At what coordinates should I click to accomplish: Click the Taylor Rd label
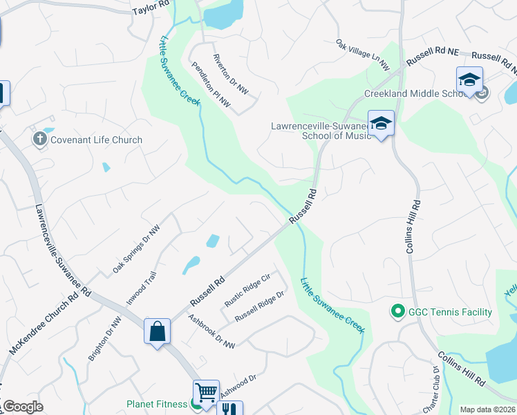click(151, 8)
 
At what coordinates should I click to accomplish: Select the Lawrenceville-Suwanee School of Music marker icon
click(380, 123)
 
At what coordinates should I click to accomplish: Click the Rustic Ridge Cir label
click(246, 291)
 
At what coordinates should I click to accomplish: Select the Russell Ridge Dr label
click(259, 306)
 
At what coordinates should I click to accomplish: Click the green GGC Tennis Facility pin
click(397, 312)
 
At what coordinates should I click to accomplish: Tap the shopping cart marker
click(206, 392)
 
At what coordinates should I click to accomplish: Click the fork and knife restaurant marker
click(229, 409)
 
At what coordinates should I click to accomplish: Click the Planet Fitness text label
click(156, 404)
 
